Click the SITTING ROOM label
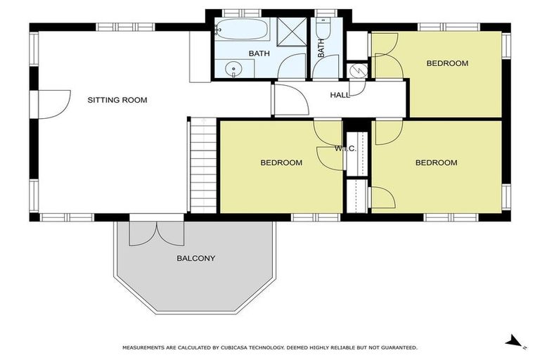[117, 100]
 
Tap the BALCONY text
[195, 258]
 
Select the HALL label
[340, 95]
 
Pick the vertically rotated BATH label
[322, 49]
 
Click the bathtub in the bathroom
[241, 30]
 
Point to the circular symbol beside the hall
[356, 71]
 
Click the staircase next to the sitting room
[201, 165]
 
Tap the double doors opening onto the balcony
[156, 233]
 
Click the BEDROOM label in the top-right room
[447, 63]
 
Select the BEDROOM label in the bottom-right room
[436, 162]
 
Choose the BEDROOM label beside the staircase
[281, 162]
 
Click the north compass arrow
[515, 342]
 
